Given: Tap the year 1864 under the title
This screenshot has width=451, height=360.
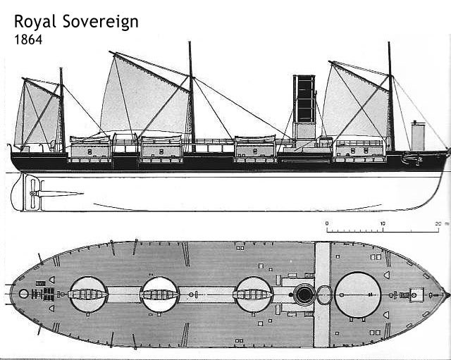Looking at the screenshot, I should pyautogui.click(x=27, y=40).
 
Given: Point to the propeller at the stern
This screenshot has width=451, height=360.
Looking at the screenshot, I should pyautogui.click(x=30, y=192).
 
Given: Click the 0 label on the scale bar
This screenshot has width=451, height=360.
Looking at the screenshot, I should pyautogui.click(x=327, y=223).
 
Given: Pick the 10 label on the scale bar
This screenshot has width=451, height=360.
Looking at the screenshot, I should pyautogui.click(x=383, y=223).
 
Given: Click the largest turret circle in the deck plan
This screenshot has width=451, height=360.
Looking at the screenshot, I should pyautogui.click(x=359, y=294).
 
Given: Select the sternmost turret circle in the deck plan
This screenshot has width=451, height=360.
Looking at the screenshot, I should pyautogui.click(x=89, y=294).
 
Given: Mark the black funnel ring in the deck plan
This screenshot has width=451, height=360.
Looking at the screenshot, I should pyautogui.click(x=304, y=294).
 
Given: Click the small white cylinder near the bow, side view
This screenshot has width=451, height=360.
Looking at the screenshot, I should pyautogui.click(x=418, y=135).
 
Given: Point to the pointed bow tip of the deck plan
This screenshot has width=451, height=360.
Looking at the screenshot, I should pyautogui.click(x=445, y=294).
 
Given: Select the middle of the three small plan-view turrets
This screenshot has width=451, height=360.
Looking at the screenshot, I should pyautogui.click(x=160, y=294).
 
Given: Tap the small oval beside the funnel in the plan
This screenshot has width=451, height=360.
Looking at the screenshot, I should pyautogui.click(x=324, y=294).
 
